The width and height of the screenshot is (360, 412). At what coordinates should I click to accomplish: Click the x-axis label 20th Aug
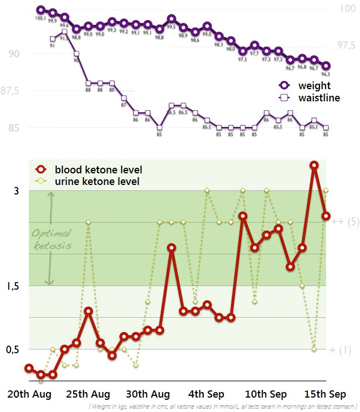(x=30, y=394)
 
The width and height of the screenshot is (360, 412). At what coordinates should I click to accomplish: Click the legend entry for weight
(x=313, y=85)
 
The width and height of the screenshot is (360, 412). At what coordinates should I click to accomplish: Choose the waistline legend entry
(x=318, y=97)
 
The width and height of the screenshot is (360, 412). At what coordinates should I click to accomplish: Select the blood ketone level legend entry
(x=98, y=170)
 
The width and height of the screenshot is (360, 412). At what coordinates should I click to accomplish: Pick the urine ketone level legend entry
(x=97, y=181)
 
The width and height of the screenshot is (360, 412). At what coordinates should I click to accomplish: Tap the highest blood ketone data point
(x=314, y=165)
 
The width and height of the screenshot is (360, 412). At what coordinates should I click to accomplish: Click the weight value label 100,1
(x=40, y=18)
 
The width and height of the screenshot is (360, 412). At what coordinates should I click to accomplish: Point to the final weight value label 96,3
(x=326, y=74)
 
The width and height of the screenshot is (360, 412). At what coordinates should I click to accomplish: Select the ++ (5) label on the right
(x=345, y=222)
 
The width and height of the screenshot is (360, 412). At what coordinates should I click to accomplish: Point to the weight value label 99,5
(x=171, y=27)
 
